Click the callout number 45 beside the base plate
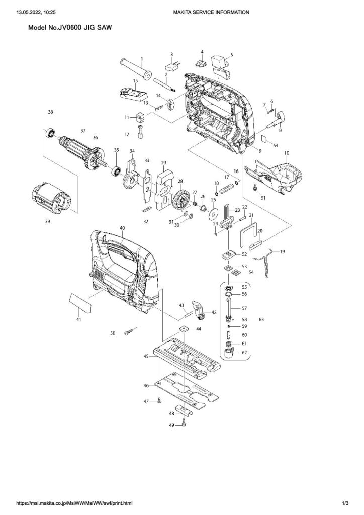tap(146, 356)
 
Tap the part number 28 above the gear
tap(180, 181)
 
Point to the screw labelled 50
tap(129, 333)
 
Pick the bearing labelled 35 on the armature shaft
tap(117, 171)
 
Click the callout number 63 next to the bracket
tap(261, 319)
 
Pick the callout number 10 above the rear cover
tap(287, 153)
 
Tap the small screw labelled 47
tap(160, 400)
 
